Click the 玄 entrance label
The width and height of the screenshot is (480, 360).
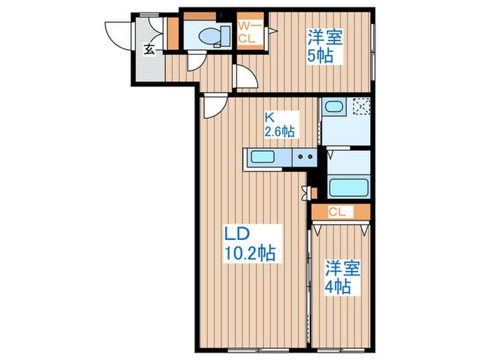click(149, 49)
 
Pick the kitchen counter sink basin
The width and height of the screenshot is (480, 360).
click(263, 158)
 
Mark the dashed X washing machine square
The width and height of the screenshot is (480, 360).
click(361, 106)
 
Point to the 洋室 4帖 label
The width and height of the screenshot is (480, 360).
click(338, 276)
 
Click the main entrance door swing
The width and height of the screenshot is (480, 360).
click(117, 34)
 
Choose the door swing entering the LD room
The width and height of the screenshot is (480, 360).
click(213, 107)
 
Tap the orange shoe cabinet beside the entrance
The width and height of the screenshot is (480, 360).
click(172, 33)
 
